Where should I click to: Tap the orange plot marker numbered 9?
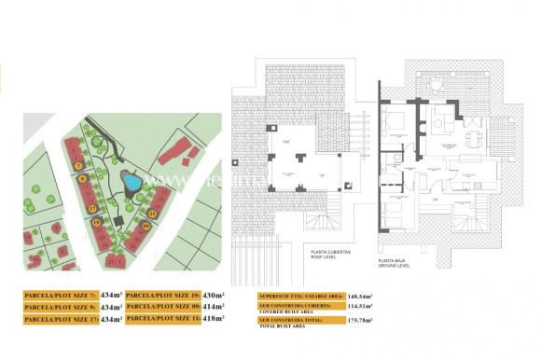[83, 178]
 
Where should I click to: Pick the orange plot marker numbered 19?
[97, 222]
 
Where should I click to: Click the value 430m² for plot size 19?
[215, 295]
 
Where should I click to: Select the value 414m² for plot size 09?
[215, 307]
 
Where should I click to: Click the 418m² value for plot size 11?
[215, 319]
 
